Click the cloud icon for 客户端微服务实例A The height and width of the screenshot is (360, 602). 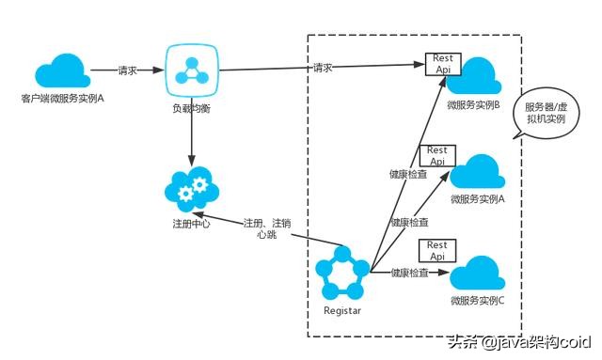(61, 71)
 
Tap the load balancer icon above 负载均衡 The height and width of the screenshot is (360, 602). (192, 71)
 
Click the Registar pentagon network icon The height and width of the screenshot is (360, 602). (342, 274)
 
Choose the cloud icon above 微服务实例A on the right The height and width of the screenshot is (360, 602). (479, 172)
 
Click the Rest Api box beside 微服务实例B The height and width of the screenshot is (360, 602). (442, 63)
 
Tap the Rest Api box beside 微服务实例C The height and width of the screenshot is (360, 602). (436, 251)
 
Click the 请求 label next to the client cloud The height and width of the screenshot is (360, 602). (129, 70)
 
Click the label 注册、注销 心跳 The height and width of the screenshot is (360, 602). (266, 228)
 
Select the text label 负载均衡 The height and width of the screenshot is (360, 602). (192, 108)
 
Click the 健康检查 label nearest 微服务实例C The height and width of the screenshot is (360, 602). (409, 273)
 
